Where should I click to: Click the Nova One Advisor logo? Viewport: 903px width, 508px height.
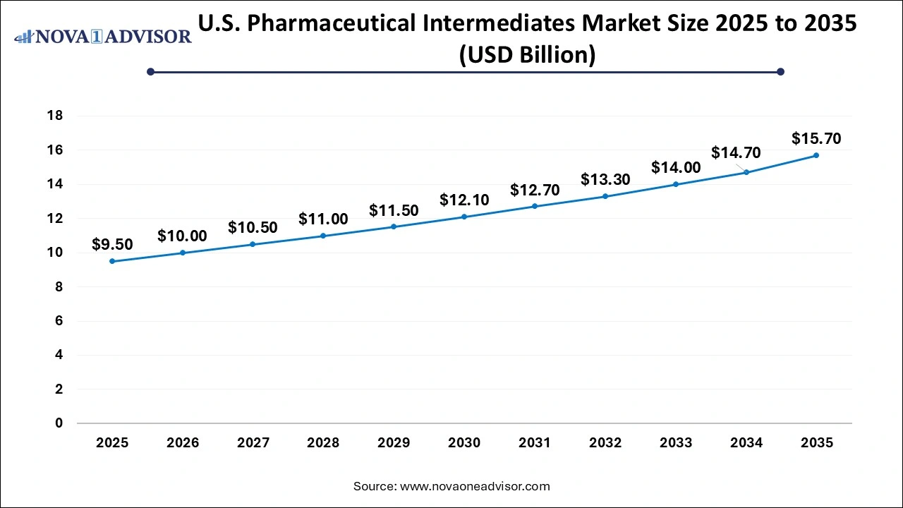(103, 36)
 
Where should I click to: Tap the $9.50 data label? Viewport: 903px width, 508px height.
(112, 244)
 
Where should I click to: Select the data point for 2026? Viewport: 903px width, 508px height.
(183, 253)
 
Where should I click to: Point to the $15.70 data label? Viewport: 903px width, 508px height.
(816, 138)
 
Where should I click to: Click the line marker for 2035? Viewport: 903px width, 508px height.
(816, 155)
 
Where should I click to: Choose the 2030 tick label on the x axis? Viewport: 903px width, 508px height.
(464, 443)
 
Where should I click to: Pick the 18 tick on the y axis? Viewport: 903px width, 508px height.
(55, 116)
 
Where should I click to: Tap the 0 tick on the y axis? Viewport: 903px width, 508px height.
(59, 423)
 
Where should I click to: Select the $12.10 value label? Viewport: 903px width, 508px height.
(464, 200)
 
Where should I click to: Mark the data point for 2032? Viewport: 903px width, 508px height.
(605, 196)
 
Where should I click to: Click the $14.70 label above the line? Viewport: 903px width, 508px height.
(736, 152)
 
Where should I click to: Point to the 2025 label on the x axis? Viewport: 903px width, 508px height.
(112, 443)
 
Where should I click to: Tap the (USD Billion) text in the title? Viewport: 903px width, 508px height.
(527, 54)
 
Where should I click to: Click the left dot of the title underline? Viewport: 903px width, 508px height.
(150, 71)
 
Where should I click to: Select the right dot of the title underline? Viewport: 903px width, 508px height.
(780, 71)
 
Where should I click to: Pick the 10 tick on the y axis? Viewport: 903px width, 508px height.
(55, 253)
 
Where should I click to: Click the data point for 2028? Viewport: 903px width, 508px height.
(323, 236)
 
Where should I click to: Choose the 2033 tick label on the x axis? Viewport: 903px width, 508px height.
(676, 443)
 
